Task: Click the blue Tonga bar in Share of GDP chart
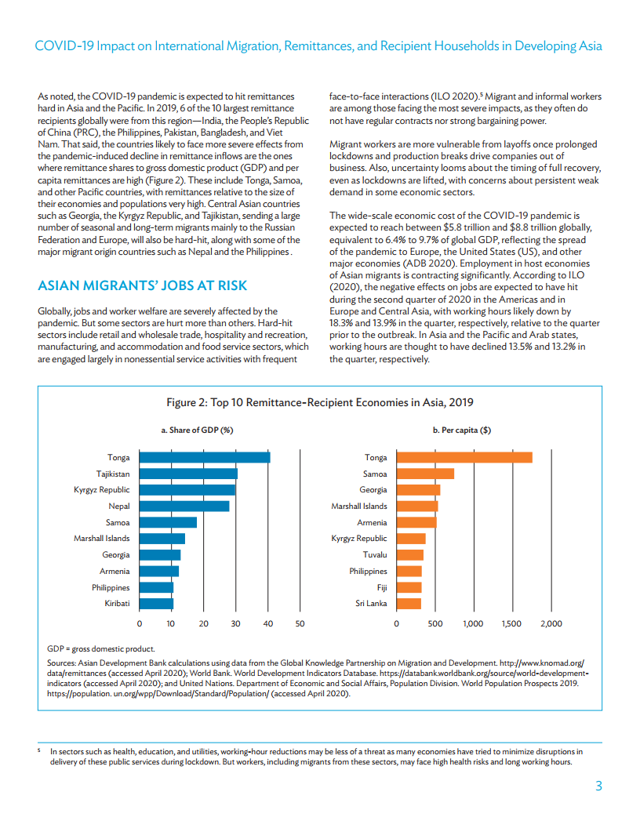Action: point(205,457)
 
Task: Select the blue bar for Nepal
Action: point(184,507)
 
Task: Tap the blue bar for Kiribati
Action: point(156,604)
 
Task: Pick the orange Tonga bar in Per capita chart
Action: point(464,457)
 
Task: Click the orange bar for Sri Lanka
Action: point(409,604)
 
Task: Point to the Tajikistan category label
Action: point(113,474)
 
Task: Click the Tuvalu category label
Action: point(374,555)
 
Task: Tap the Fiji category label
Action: point(382,587)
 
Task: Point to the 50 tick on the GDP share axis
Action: point(300,623)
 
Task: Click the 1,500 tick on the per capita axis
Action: point(512,623)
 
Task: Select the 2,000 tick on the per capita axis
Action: point(551,623)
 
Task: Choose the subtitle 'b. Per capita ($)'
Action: point(462,430)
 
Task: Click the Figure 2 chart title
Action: point(320,402)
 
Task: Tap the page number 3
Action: point(598,786)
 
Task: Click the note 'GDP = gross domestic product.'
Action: point(101,648)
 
